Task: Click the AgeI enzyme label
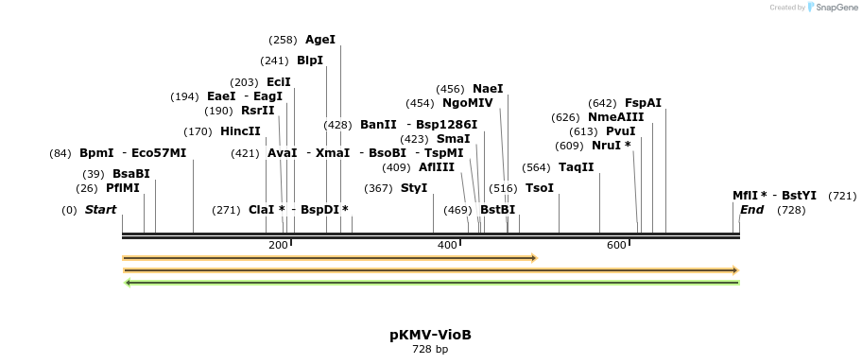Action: [320, 40]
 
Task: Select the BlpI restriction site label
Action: [310, 61]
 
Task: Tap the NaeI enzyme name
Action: [488, 89]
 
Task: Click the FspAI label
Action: [643, 103]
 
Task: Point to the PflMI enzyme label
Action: [122, 188]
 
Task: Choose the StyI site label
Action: [414, 188]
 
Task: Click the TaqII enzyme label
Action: [577, 167]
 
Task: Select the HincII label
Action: [240, 131]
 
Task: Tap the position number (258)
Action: [283, 40]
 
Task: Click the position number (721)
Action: [842, 196]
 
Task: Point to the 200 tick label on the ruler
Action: [278, 246]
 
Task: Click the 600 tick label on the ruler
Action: [616, 246]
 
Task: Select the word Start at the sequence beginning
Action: [101, 210]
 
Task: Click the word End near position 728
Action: [751, 210]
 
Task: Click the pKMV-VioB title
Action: [430, 335]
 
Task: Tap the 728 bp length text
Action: [430, 349]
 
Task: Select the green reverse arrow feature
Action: [431, 282]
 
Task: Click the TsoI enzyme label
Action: [540, 188]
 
